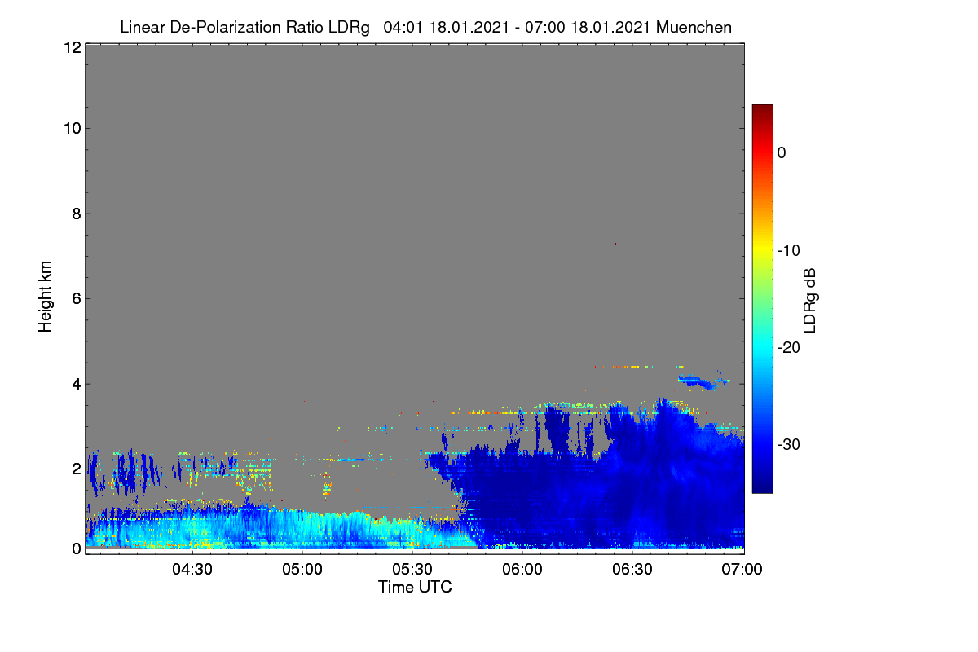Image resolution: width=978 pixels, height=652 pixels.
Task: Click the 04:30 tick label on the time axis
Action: click(192, 570)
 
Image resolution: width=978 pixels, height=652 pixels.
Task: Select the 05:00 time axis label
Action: click(302, 570)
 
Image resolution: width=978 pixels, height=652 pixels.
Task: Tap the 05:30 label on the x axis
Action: click(412, 570)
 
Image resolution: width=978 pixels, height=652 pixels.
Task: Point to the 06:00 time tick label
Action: click(522, 570)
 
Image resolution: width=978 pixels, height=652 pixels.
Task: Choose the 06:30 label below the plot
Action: click(632, 570)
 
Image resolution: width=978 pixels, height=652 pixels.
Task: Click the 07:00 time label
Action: click(742, 570)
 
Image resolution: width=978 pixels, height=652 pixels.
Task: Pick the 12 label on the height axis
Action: click(73, 47)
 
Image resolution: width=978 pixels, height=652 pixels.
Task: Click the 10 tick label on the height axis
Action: click(73, 129)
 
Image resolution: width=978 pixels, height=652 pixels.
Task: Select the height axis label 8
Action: click(77, 214)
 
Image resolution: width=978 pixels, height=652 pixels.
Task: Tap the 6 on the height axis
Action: click(77, 299)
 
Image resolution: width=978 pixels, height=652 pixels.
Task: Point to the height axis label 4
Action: click(77, 385)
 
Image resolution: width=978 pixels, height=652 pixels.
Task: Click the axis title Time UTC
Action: click(415, 587)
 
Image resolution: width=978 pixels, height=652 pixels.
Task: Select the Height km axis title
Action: click(45, 297)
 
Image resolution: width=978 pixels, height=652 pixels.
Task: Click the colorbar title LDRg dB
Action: click(809, 301)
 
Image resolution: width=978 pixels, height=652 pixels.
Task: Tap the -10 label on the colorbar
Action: click(789, 251)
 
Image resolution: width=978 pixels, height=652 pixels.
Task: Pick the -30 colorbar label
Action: click(789, 444)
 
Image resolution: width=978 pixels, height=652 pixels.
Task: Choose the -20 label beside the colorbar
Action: click(789, 348)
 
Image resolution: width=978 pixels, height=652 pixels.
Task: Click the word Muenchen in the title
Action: click(694, 27)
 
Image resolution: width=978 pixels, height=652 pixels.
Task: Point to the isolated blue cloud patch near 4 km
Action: click(703, 381)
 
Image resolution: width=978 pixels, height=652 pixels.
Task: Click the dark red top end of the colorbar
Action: click(762, 107)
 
